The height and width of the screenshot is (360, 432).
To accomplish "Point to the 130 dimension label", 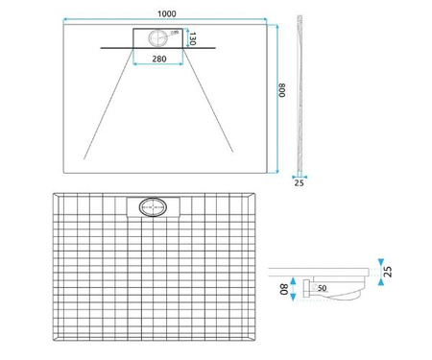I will [x=192, y=38].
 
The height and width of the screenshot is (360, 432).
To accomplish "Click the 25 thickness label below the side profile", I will [x=299, y=182].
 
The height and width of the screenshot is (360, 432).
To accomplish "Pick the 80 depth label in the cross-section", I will [x=284, y=289].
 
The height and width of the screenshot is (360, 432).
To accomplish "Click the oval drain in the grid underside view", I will [x=152, y=206].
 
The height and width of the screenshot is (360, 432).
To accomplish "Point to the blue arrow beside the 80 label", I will [x=293, y=288].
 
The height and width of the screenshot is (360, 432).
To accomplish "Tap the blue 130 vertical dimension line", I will [x=184, y=38].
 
